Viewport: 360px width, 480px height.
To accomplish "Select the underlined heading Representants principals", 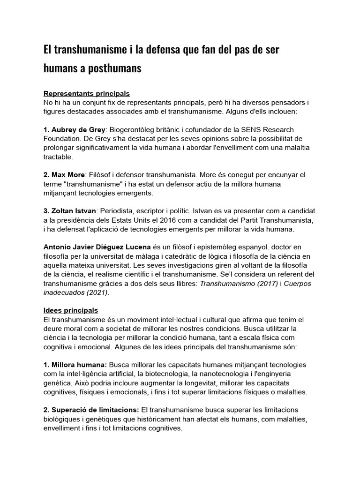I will pos(86,94).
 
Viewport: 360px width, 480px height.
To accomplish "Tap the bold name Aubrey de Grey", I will pos(75,129).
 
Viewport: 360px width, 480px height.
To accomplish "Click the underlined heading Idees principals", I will pos(70,310).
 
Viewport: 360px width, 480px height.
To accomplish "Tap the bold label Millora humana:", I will pos(75,365).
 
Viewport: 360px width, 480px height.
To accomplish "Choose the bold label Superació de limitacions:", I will pos(91,410).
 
